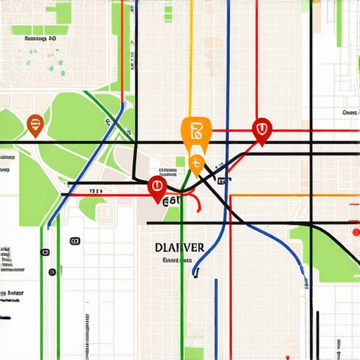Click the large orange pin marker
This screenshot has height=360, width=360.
point(195,132)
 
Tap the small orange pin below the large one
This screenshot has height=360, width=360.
point(196,166)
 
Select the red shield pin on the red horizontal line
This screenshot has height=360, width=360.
point(262,130)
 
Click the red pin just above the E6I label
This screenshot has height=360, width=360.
point(157,188)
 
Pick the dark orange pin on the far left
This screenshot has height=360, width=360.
point(34,124)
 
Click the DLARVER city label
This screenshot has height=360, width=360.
point(178,247)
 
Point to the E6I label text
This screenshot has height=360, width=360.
point(170,202)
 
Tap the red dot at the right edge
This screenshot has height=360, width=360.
point(355,231)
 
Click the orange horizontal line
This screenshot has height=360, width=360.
point(295,195)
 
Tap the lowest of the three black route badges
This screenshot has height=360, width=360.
point(52,271)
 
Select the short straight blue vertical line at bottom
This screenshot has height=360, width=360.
point(216,316)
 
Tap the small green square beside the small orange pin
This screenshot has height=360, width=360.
point(180,162)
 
